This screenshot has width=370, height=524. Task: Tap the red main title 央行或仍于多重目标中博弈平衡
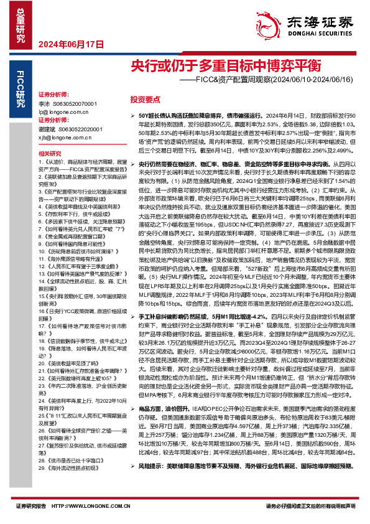point(217,65)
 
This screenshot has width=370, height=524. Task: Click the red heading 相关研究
point(49,152)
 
